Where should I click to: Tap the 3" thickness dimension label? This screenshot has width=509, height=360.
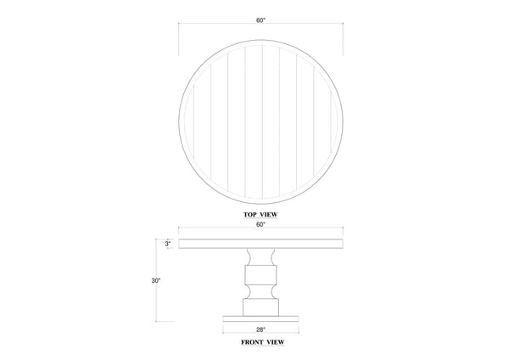pos(169,244)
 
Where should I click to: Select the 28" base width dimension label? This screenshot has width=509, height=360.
pos(260,329)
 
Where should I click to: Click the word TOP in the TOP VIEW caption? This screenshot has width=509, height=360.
pos(247,217)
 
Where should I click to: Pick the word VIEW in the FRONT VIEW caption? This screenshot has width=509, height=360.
pos(273,345)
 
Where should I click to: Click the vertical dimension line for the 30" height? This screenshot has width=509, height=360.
pos(177,280)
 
